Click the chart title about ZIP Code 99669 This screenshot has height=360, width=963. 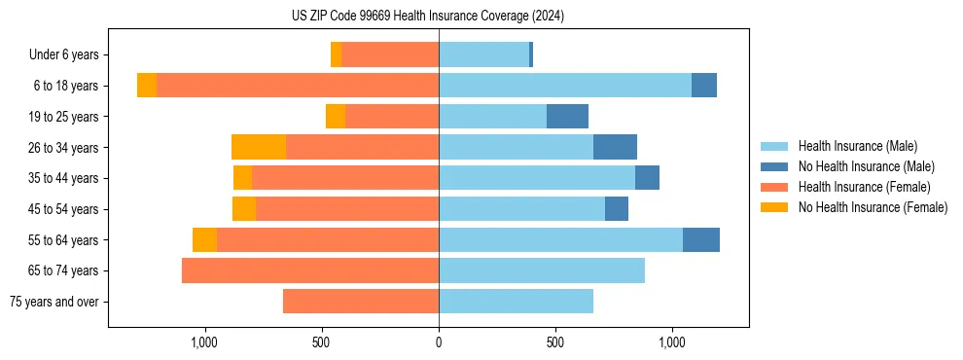[x=427, y=16]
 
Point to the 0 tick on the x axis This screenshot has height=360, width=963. [x=439, y=342]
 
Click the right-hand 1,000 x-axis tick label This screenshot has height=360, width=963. [x=672, y=342]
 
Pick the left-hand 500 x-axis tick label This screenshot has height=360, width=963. [x=322, y=342]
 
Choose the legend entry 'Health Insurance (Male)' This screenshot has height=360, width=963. [x=857, y=146]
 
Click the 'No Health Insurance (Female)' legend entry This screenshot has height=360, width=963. [x=873, y=207]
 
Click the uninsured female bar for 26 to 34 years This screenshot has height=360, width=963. [x=259, y=147]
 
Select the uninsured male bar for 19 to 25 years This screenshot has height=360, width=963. [x=567, y=117]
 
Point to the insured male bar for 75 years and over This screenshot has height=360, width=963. [x=516, y=302]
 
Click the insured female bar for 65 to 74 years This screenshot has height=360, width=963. [x=310, y=270]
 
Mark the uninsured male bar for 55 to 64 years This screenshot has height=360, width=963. [x=701, y=239]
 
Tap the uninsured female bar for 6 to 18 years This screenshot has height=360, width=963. [x=147, y=86]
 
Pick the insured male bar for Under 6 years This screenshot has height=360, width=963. [x=483, y=54]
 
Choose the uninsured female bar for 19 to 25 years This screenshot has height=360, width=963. [x=336, y=117]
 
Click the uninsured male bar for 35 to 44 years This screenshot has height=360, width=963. [x=647, y=178]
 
